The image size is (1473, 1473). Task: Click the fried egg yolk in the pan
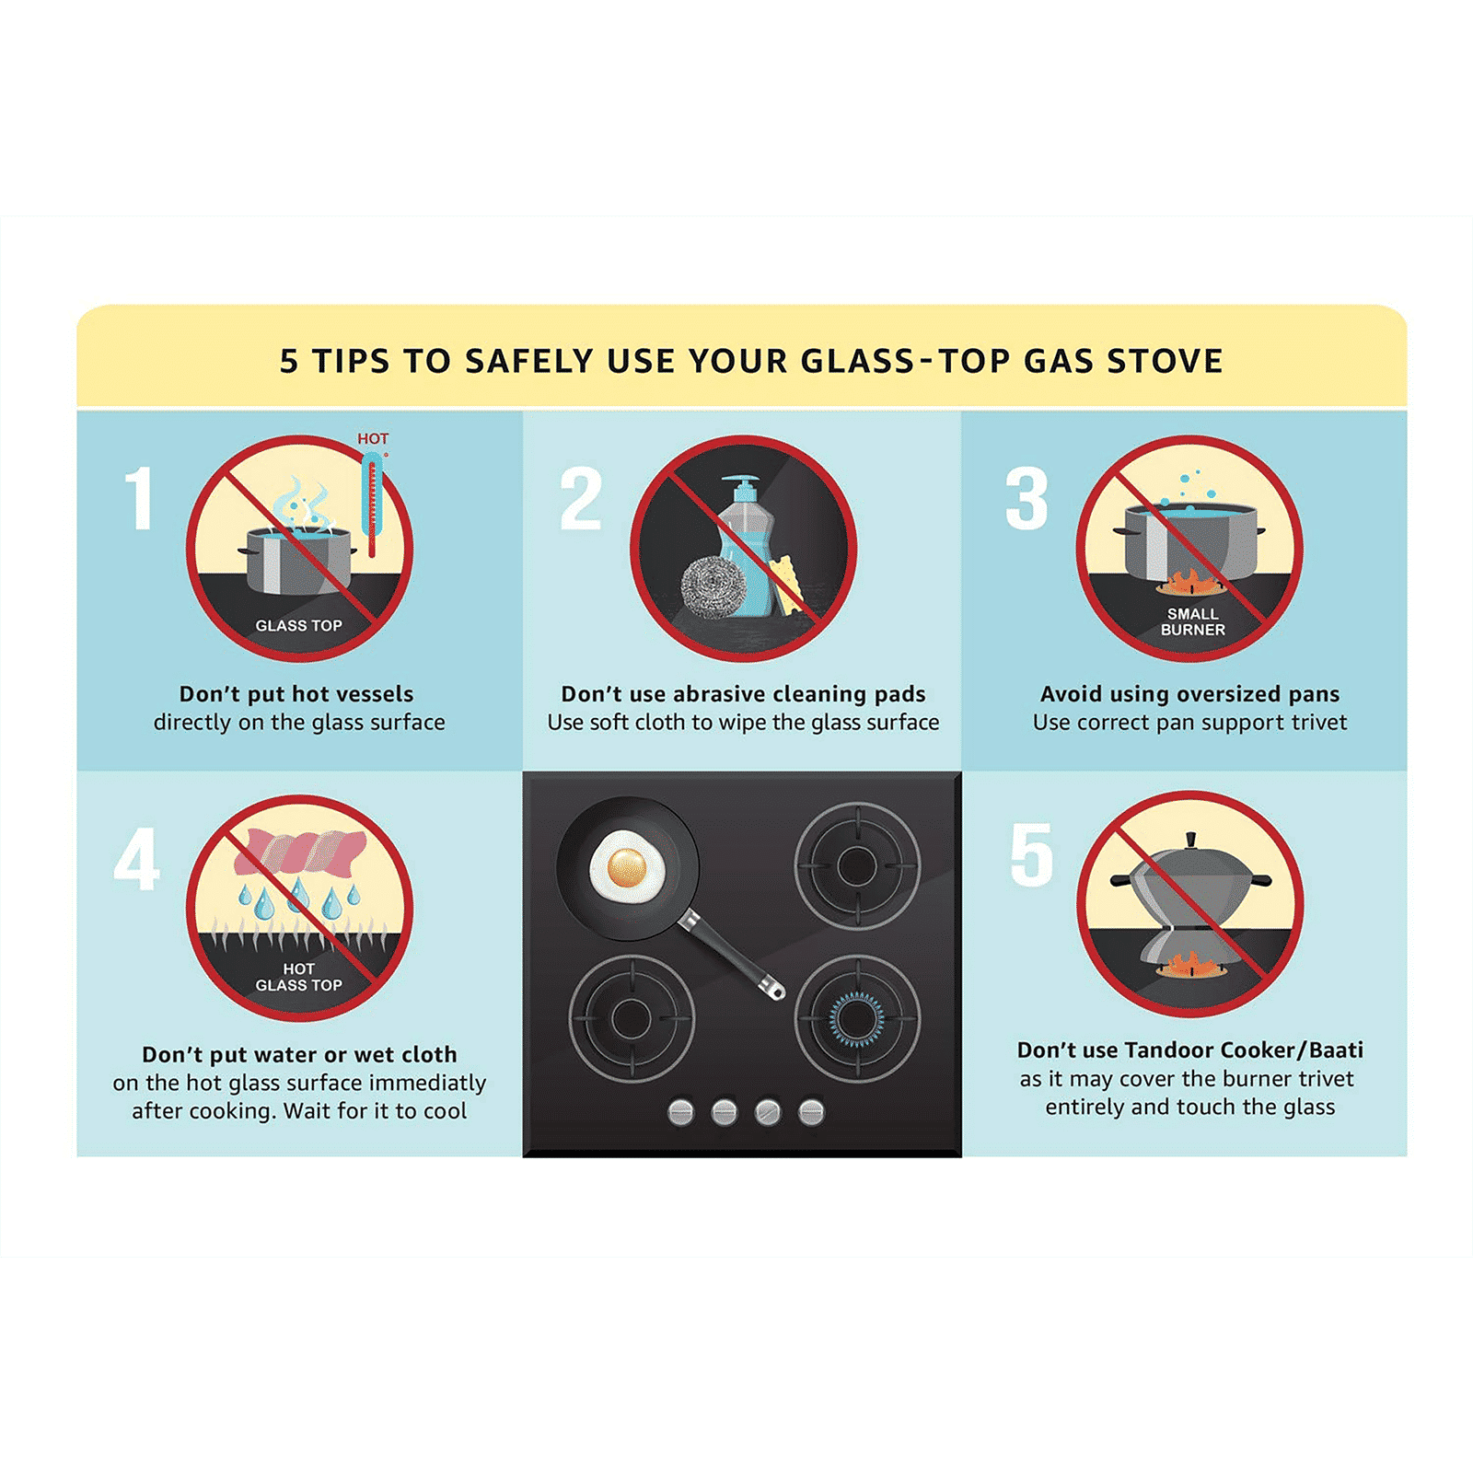click(x=627, y=866)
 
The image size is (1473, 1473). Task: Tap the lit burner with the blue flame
click(x=856, y=1019)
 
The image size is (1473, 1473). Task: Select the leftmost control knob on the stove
click(x=680, y=1112)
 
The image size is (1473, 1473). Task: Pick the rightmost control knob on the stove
click(x=811, y=1112)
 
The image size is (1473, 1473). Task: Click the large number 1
click(x=139, y=498)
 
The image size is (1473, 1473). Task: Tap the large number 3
click(x=1026, y=498)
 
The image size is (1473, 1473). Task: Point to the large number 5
click(x=1032, y=855)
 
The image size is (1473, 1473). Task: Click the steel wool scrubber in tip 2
click(x=711, y=585)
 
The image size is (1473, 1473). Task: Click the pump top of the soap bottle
click(x=740, y=484)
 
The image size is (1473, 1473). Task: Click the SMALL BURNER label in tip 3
click(x=1192, y=621)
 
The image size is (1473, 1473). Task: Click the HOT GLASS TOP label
click(x=298, y=977)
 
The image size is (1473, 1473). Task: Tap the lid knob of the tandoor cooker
click(x=1191, y=840)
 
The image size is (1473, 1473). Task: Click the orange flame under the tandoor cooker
click(x=1189, y=966)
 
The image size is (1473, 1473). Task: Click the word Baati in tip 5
click(x=1336, y=1050)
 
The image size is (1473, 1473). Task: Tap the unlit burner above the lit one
click(x=857, y=866)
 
